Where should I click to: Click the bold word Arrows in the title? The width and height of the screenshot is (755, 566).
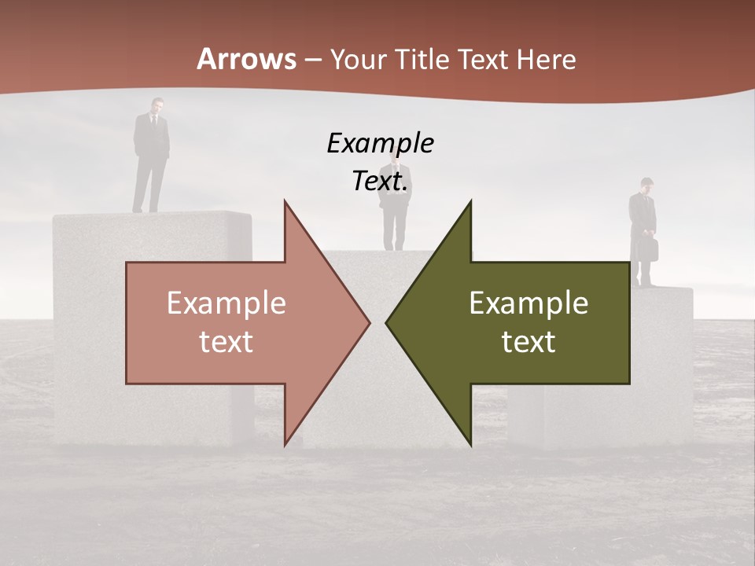click(x=247, y=59)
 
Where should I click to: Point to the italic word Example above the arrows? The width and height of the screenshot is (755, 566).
click(x=380, y=144)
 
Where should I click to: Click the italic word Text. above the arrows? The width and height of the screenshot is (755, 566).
click(x=380, y=182)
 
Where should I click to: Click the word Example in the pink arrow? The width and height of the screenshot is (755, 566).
click(x=226, y=303)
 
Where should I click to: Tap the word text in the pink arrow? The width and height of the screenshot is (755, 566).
click(x=226, y=342)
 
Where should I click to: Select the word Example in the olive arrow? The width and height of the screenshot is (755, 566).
click(x=528, y=303)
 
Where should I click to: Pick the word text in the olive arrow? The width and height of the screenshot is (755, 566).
click(x=528, y=342)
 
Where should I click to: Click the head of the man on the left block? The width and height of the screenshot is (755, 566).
click(x=157, y=105)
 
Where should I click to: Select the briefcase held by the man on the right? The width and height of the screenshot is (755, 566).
click(x=650, y=249)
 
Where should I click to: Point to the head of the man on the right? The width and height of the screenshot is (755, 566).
click(x=646, y=185)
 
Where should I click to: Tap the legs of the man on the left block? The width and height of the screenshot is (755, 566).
click(x=149, y=186)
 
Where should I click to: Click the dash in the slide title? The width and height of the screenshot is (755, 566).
click(x=312, y=60)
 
